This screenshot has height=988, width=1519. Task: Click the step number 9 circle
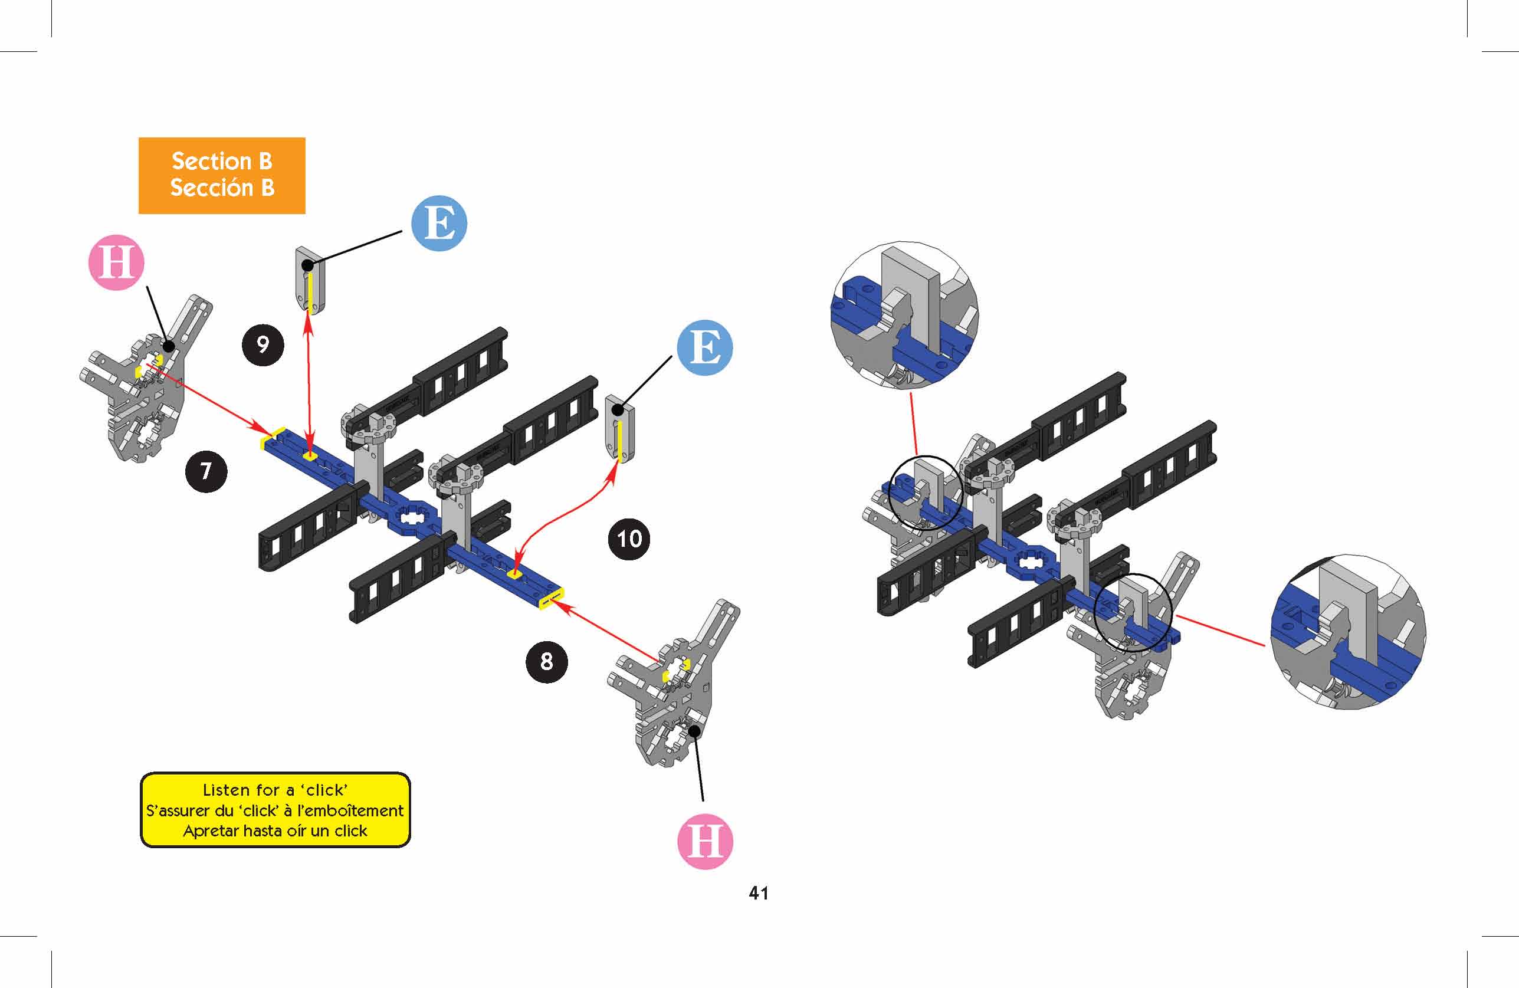click(x=263, y=344)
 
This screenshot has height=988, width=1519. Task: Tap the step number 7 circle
click(x=205, y=471)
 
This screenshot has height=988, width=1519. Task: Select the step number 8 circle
click(x=546, y=661)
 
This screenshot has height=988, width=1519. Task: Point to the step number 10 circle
click(x=629, y=539)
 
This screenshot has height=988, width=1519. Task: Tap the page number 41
click(x=758, y=893)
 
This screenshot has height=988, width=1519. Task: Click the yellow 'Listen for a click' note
click(x=275, y=810)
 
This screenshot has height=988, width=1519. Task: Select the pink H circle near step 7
click(x=116, y=262)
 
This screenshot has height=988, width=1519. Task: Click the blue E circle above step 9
click(x=439, y=224)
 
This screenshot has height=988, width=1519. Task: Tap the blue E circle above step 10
click(x=704, y=347)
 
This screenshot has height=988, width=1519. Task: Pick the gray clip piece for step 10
click(x=620, y=429)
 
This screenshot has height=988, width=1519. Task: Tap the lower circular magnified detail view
click(x=1347, y=632)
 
